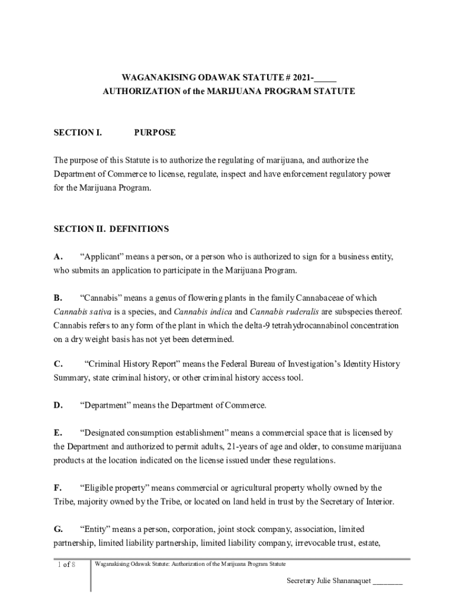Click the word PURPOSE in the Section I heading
tap(155, 133)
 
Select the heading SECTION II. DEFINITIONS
tap(111, 229)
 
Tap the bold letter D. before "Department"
tap(58, 405)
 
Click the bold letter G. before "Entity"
tap(58, 529)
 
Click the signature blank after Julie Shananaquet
tap(388, 581)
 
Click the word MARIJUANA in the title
tap(214, 92)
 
